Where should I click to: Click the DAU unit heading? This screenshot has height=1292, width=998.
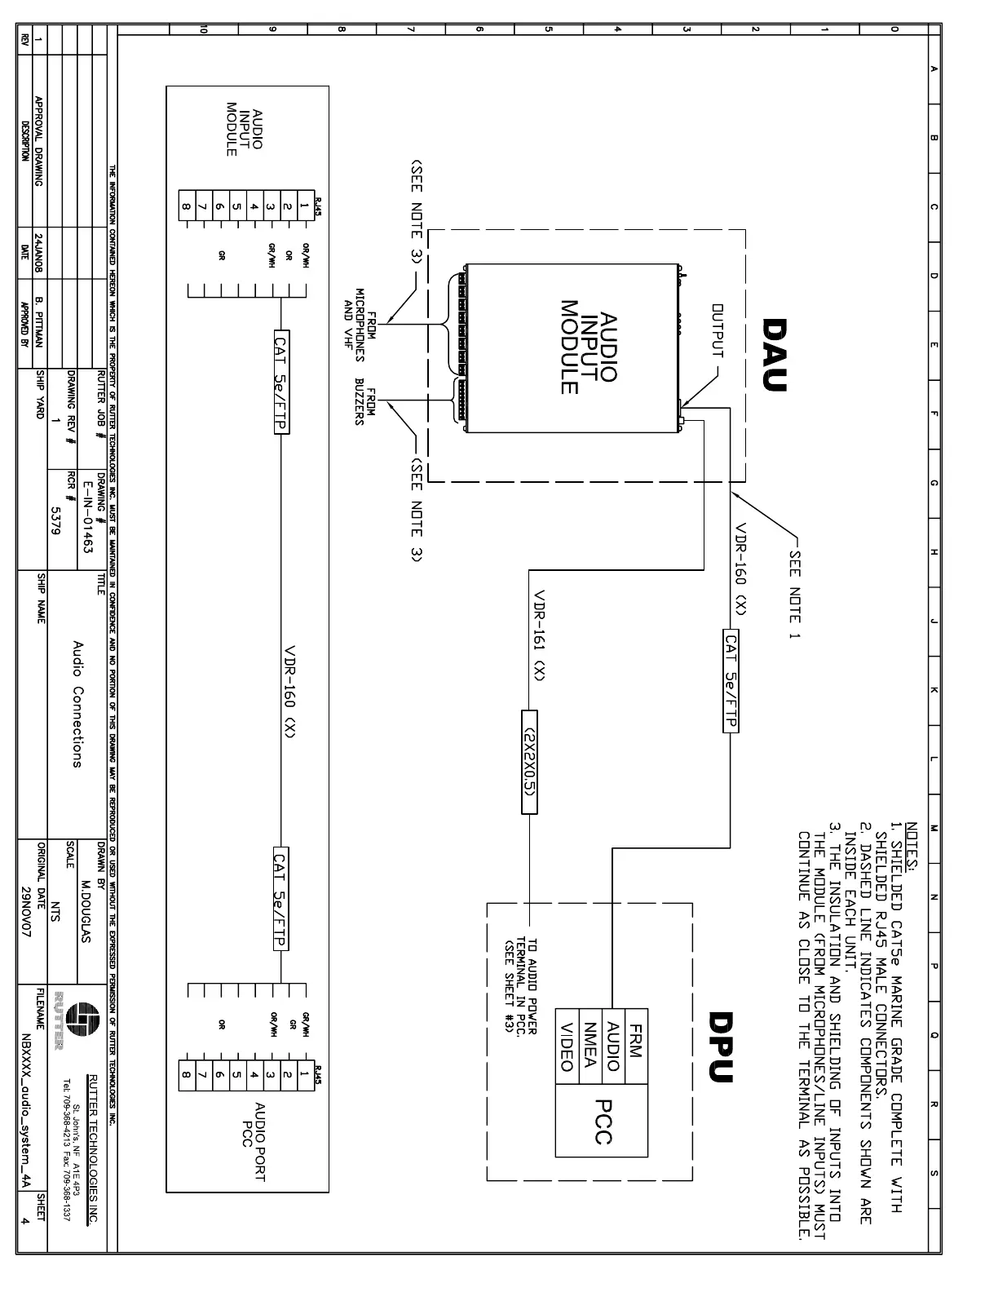click(775, 355)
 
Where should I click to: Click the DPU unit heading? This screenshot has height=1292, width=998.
click(722, 1046)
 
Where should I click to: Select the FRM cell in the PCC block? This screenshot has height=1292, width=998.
click(636, 1040)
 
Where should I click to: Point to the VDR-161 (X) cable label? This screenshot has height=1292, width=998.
click(539, 635)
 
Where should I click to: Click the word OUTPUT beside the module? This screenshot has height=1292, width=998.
click(718, 330)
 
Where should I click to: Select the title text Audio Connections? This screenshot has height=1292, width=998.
click(77, 705)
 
